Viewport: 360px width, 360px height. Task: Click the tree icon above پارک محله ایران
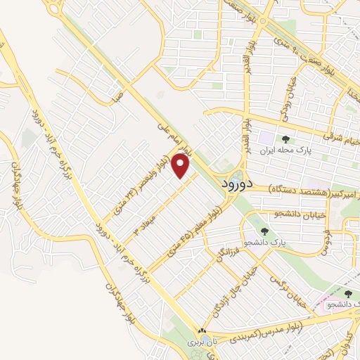click(285, 139)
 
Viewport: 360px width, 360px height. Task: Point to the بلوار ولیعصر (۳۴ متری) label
click(141, 186)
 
